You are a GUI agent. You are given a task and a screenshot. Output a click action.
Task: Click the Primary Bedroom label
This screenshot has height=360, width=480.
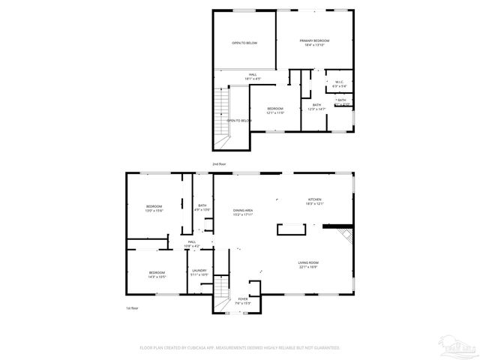tap(315, 42)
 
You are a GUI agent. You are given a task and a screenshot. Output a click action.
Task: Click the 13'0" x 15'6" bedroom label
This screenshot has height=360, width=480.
tap(154, 208)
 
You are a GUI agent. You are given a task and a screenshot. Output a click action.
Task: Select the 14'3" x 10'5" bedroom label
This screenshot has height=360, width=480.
tap(157, 274)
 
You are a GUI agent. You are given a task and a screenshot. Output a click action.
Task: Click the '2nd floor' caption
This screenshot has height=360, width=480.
tap(219, 163)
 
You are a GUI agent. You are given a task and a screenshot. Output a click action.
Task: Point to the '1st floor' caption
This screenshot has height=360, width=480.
tap(132, 308)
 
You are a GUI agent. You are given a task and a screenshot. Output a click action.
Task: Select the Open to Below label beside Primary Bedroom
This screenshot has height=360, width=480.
tap(244, 43)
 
